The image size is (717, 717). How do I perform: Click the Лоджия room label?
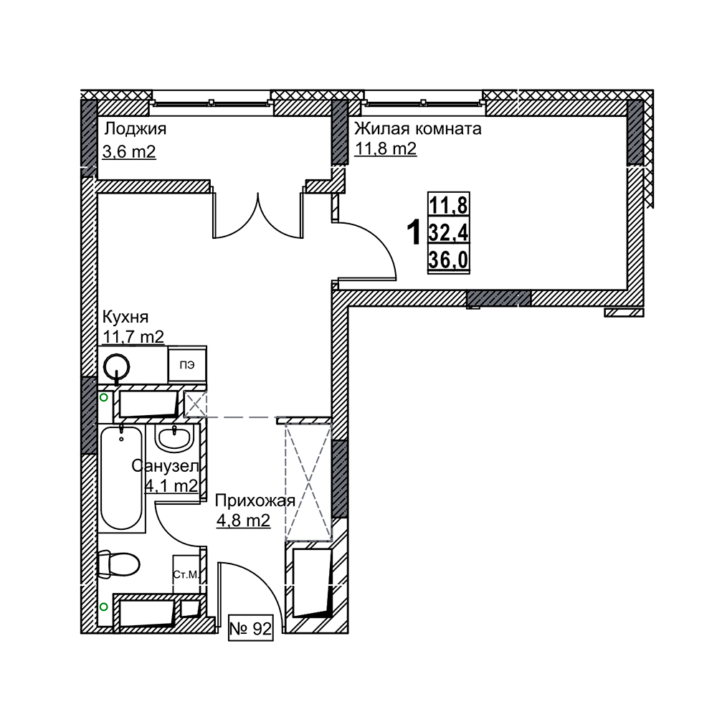(135, 129)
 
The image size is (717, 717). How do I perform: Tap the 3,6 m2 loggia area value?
(129, 151)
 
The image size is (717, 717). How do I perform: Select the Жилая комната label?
(418, 128)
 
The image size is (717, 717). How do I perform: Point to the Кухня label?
(125, 316)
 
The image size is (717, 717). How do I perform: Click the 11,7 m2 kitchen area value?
(133, 336)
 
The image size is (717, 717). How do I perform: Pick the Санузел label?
(165, 466)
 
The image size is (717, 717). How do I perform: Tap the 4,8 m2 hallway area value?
(243, 521)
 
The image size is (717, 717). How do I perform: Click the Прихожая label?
(255, 500)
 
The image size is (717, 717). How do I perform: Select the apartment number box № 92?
(250, 630)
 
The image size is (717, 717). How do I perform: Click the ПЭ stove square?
(187, 365)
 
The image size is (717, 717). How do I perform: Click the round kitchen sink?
(117, 366)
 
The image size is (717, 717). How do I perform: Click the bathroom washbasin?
(174, 438)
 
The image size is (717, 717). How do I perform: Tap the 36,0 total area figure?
(449, 260)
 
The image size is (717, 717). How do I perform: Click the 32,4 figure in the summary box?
(449, 233)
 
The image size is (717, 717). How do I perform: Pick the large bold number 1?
(414, 233)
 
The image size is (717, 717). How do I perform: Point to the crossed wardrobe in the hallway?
(308, 483)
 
